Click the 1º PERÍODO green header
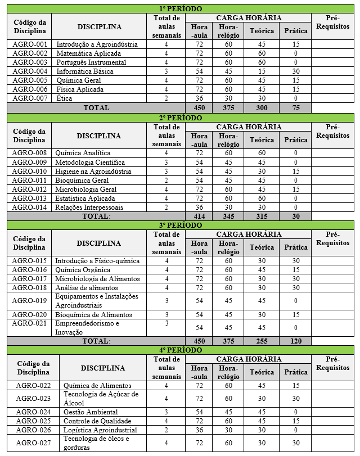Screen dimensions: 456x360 click(x=180, y=9)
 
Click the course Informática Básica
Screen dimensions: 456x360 click(x=85, y=71)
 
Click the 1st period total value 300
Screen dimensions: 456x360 click(x=262, y=107)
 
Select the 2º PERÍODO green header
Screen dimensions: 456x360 click(x=180, y=118)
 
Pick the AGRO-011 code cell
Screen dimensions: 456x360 click(x=30, y=180)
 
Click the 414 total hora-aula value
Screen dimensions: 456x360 click(x=199, y=216)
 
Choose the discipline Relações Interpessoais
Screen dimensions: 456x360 click(x=89, y=207)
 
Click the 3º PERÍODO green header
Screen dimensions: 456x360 click(x=180, y=225)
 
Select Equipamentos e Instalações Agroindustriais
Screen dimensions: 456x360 click(x=96, y=301)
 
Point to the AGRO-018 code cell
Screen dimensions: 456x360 click(x=30, y=288)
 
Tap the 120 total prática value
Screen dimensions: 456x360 click(x=296, y=341)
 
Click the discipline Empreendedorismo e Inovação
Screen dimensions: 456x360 click(x=87, y=328)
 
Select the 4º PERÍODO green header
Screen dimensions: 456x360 click(x=180, y=350)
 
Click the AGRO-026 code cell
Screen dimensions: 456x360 click(x=33, y=430)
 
